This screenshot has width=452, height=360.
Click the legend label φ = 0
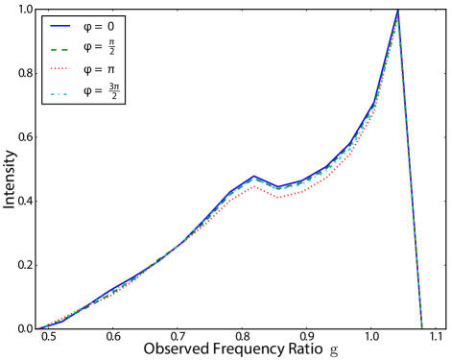[x=98, y=26]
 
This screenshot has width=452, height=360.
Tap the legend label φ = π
[x=99, y=69]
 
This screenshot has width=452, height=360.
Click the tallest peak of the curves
[x=397, y=14]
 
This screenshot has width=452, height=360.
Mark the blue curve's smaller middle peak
[x=254, y=177]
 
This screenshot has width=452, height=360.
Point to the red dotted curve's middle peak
[x=253, y=187]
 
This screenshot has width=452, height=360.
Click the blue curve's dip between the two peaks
[x=278, y=187]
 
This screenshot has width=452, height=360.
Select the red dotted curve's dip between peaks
[x=278, y=197]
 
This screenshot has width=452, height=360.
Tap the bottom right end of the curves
[x=422, y=327]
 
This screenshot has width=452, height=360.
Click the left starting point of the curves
[x=38, y=328]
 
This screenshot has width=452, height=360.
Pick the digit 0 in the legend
[x=110, y=26]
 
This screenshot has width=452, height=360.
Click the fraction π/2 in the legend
[x=111, y=47]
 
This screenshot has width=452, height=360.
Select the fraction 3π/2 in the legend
[x=114, y=91]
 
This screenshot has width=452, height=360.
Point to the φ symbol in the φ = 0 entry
[x=87, y=26]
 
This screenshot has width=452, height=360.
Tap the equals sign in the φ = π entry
[x=99, y=69]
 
